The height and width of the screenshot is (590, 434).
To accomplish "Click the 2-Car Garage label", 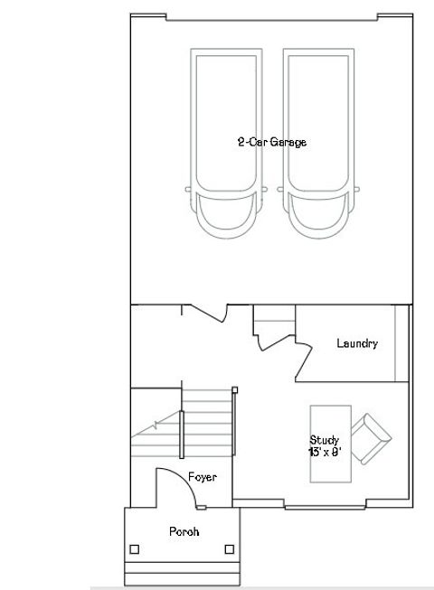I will (x=271, y=142).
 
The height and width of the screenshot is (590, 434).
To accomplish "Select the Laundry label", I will (x=357, y=343).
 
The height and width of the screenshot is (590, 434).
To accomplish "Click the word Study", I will (x=324, y=439).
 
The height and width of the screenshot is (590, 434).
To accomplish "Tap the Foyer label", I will (x=203, y=477).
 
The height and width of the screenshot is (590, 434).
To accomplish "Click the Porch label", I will (x=184, y=531).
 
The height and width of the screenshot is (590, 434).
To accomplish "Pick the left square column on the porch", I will (x=135, y=548).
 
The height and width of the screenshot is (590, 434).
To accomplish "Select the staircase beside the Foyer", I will (x=208, y=425).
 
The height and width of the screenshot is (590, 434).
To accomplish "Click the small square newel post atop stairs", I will (x=235, y=389).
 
